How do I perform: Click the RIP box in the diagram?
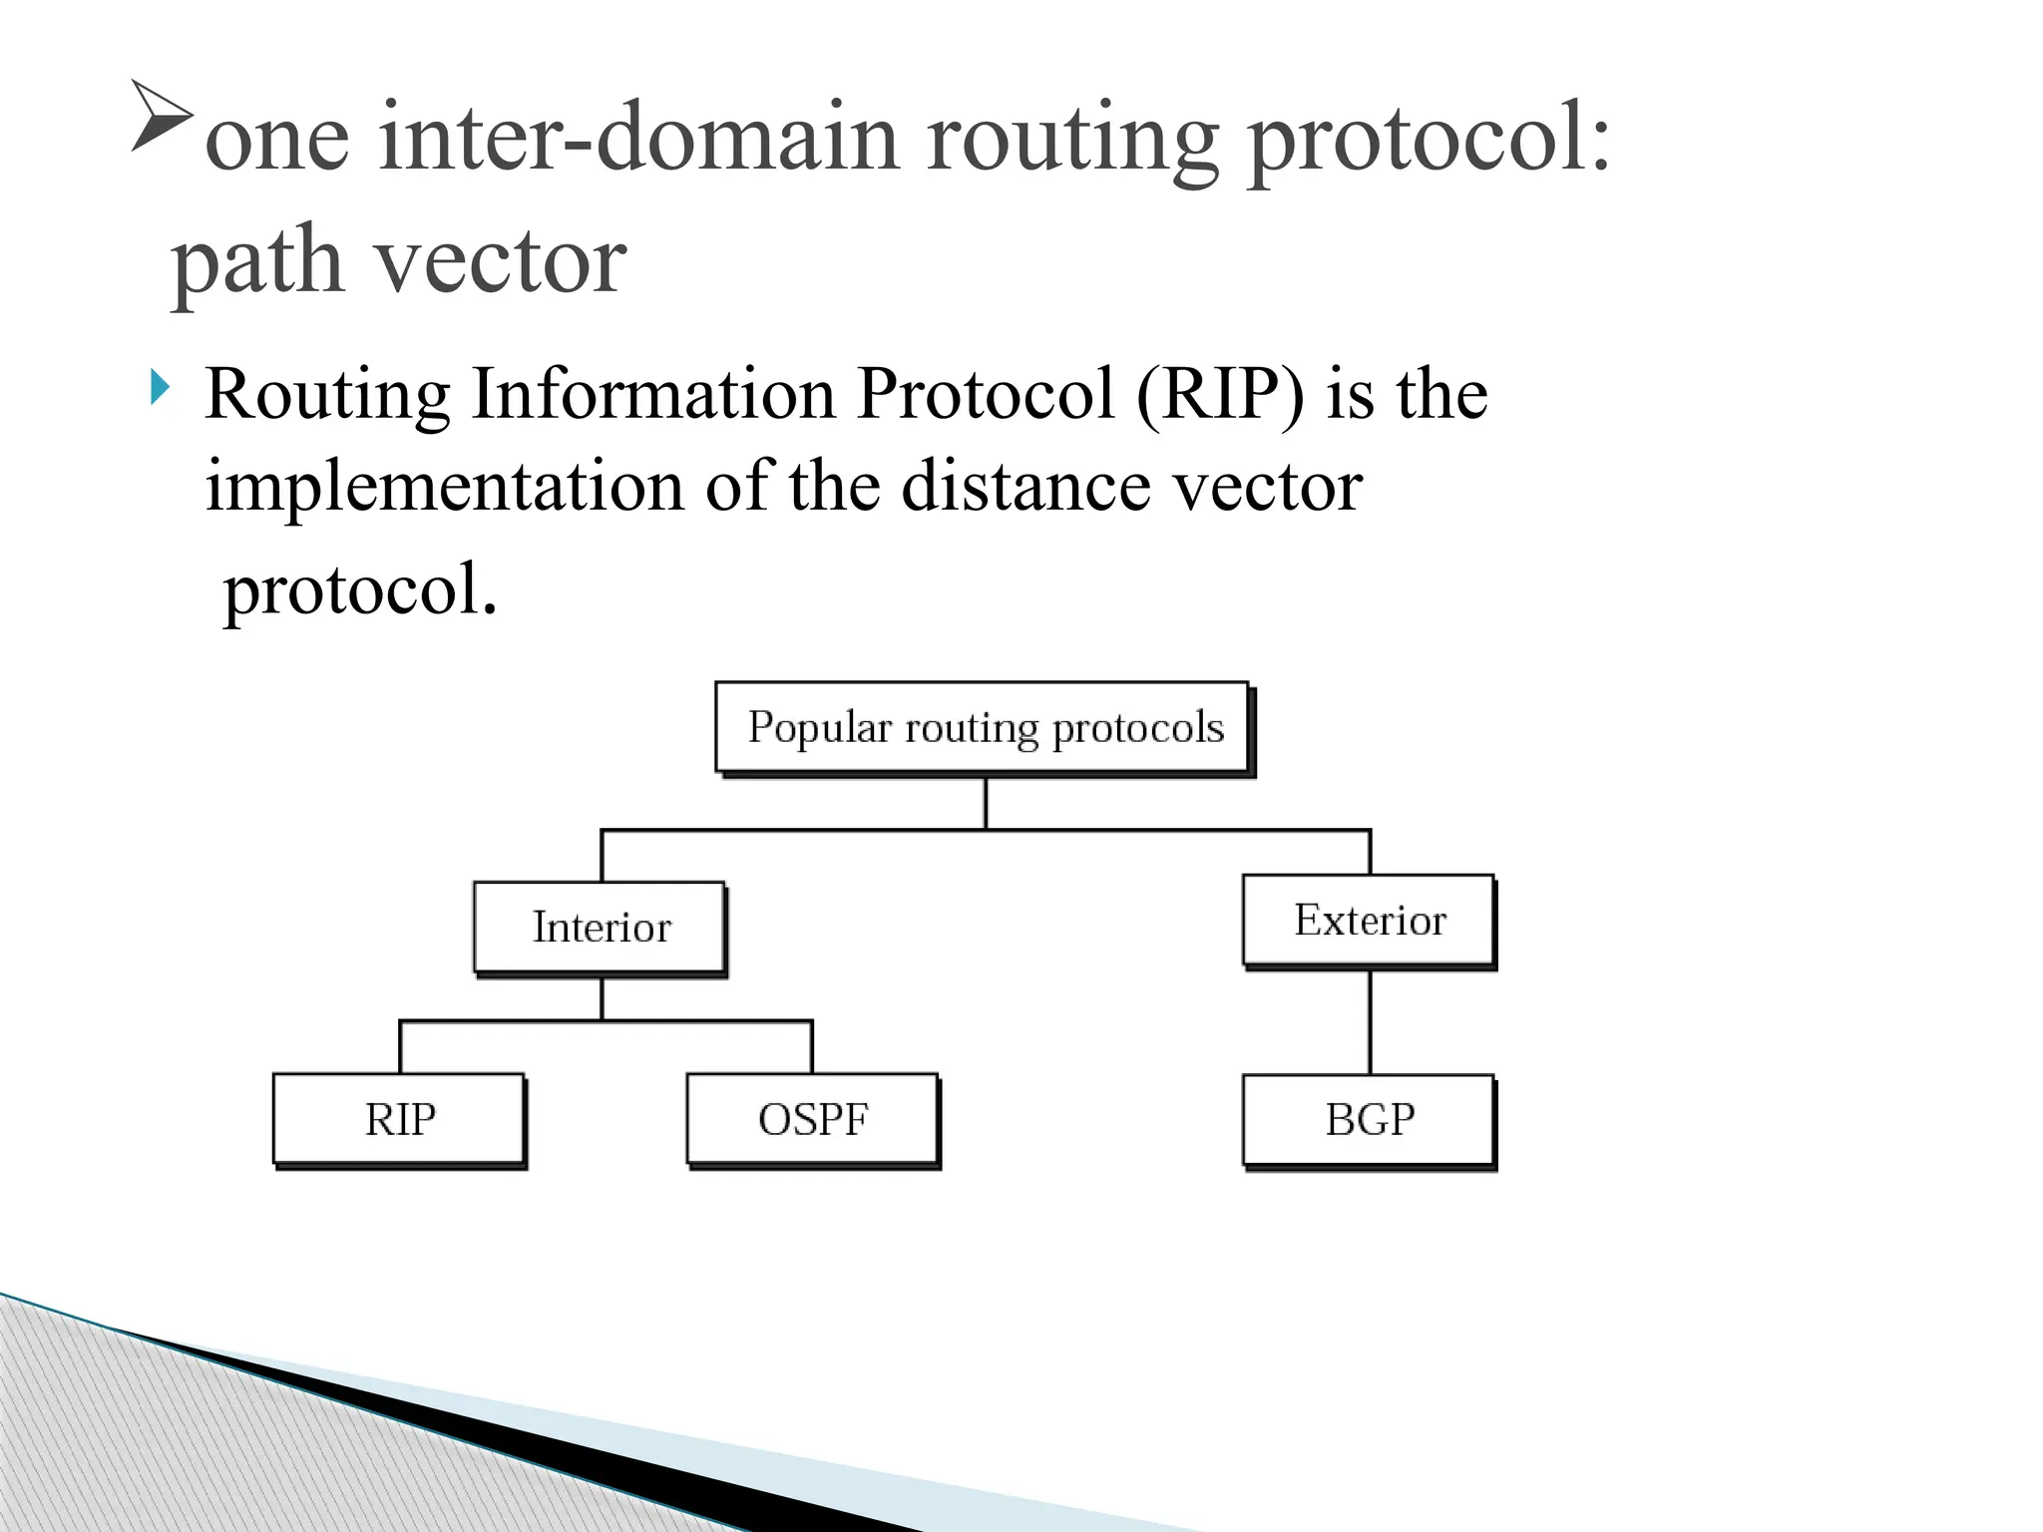click(x=399, y=1119)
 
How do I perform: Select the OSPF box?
click(x=812, y=1119)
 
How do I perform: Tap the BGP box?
click(x=1369, y=1119)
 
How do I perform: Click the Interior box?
click(x=601, y=927)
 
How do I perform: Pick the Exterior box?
click(x=1369, y=920)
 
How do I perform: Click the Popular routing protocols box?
click(x=984, y=727)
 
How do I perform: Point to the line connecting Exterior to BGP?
click(x=1370, y=1021)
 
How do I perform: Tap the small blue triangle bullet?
click(x=160, y=387)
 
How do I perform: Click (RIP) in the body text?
click(x=1219, y=395)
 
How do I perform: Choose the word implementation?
click(x=444, y=486)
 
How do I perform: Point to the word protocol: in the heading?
click(x=1429, y=141)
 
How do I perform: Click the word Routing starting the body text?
click(x=327, y=395)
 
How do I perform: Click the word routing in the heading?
click(x=1072, y=141)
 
